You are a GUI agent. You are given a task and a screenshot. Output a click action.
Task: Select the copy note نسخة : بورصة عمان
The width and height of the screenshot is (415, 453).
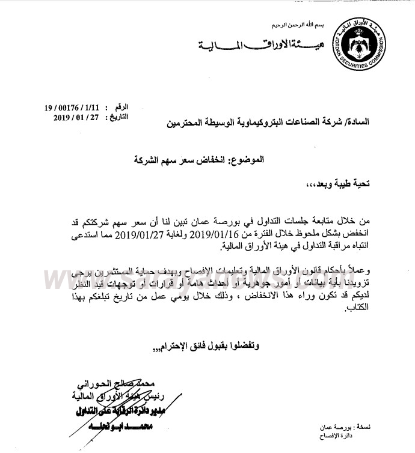(x=342, y=427)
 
